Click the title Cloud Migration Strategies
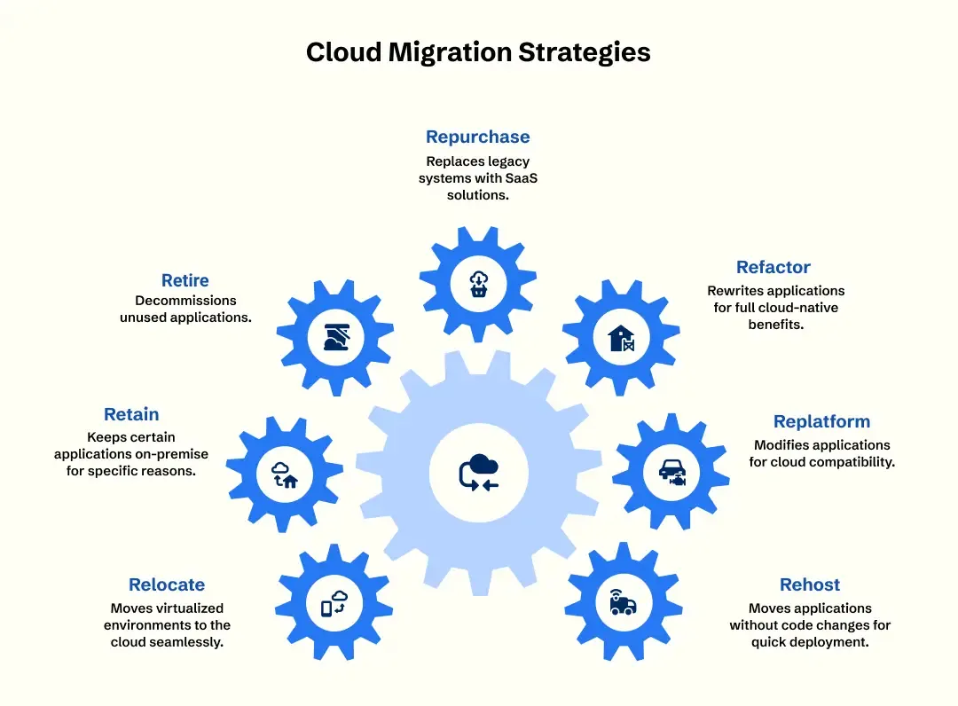(478, 52)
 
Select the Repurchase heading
(478, 137)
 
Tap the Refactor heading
(773, 267)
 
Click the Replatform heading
(821, 421)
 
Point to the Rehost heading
(810, 584)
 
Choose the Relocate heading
(166, 584)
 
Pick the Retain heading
(131, 414)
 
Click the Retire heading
(185, 280)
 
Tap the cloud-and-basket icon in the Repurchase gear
(478, 284)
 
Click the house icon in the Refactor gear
(621, 338)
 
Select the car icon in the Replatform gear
(672, 472)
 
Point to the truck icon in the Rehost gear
(623, 602)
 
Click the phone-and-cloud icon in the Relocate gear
(334, 603)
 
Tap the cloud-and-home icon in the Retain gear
(285, 475)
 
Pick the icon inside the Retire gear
(337, 337)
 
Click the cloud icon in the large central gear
(480, 472)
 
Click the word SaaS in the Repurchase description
(522, 178)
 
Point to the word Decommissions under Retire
(185, 301)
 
